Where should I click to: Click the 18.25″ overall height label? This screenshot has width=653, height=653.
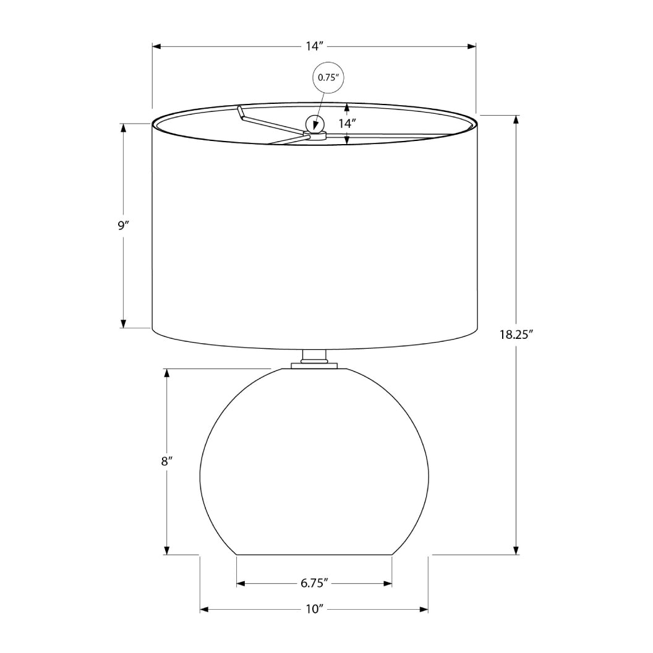coord(516,335)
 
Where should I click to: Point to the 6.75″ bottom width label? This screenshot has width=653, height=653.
coord(314,583)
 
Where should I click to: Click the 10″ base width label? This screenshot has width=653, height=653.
coord(315,610)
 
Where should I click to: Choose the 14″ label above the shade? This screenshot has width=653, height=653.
coord(314,46)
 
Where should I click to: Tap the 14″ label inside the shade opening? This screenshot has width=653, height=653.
coord(347,124)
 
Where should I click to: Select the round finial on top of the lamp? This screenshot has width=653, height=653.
coord(315,124)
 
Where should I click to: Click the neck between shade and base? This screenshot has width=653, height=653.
coord(314,356)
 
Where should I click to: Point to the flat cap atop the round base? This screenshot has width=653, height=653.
coord(314,366)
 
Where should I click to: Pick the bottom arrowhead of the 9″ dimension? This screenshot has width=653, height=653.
coord(123,323)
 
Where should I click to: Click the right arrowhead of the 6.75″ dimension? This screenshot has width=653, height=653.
coord(388,583)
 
